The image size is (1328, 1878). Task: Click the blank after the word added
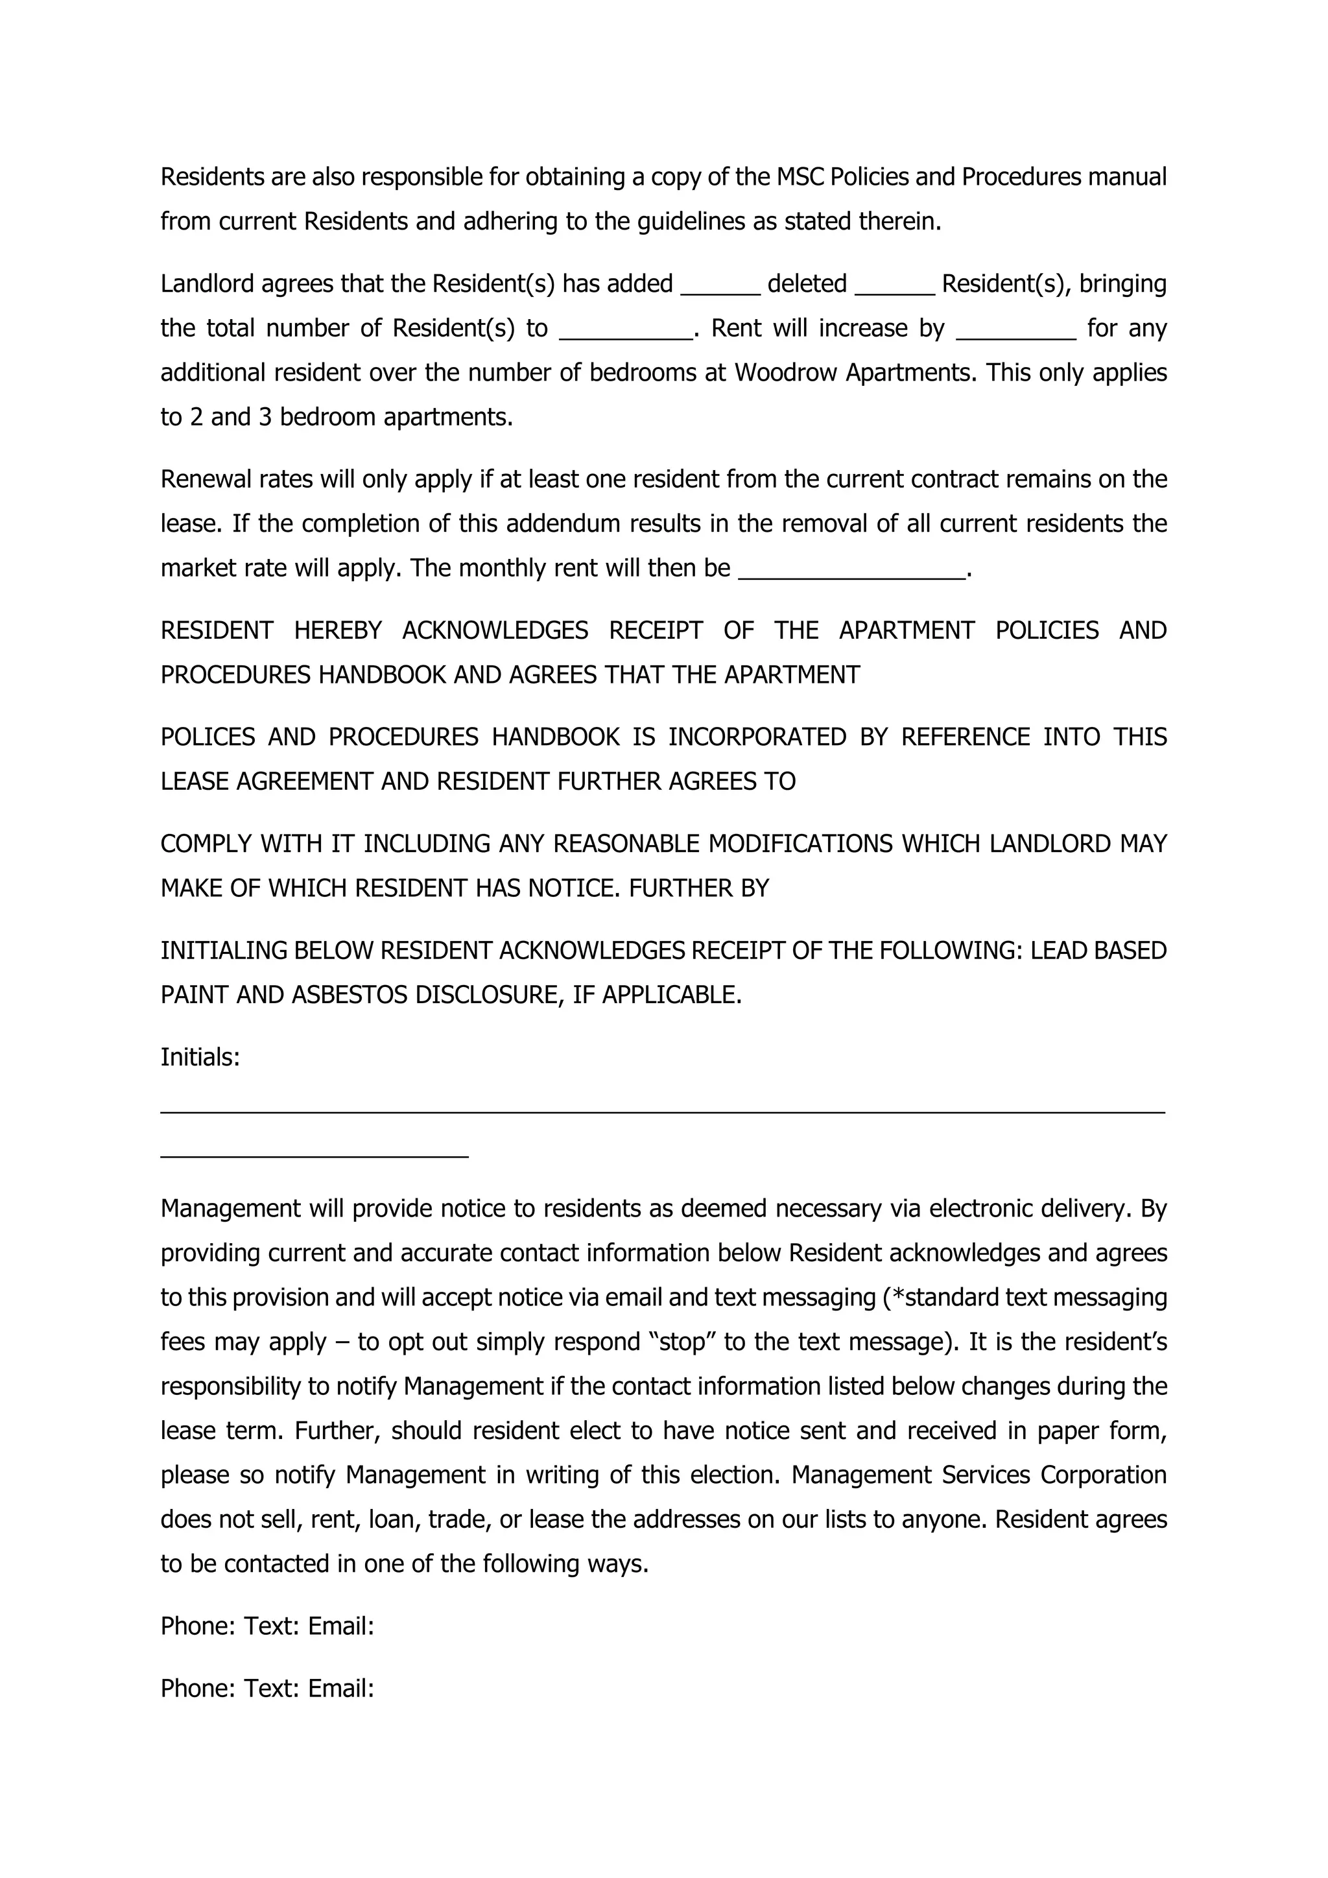[720, 288]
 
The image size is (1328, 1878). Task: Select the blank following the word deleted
[895, 288]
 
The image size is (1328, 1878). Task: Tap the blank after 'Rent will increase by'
[1015, 333]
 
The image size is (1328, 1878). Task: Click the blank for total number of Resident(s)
[626, 333]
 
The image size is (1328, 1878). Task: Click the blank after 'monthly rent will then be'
[851, 573]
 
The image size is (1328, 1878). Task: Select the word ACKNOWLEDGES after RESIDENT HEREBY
[495, 630]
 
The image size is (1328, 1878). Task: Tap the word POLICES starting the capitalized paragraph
[207, 737]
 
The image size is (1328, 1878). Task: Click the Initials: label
[200, 1058]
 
